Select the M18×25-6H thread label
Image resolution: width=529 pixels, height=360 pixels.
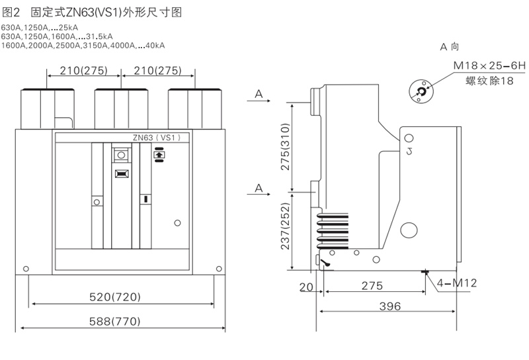pyautogui.click(x=489, y=66)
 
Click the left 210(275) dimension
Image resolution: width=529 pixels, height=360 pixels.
pyautogui.click(x=84, y=70)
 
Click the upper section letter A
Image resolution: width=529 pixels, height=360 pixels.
pyautogui.click(x=259, y=95)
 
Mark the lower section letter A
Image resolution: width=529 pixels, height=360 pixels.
pyautogui.click(x=259, y=189)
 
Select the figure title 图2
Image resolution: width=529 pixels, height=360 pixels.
pyautogui.click(x=13, y=12)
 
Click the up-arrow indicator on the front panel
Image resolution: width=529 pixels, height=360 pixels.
pyautogui.click(x=159, y=156)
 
